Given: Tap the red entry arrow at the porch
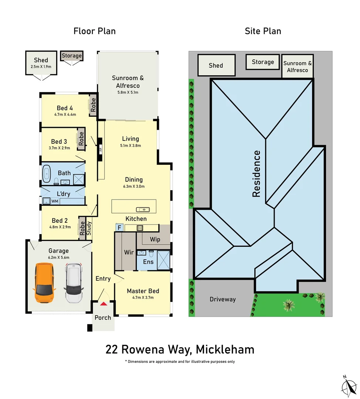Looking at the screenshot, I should (x=104, y=303).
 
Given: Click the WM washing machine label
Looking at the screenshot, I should (x=55, y=201).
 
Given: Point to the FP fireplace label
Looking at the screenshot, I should (x=100, y=150).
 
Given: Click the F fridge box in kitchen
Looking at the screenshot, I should (x=119, y=228).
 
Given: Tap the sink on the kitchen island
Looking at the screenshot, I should (x=143, y=209).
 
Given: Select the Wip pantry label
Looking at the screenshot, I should (x=155, y=239).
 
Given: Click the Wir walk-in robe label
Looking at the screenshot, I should (x=129, y=252).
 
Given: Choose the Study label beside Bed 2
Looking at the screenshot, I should (x=89, y=228).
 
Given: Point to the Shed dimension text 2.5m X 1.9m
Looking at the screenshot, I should (x=41, y=67).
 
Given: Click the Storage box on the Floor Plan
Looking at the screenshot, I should (x=72, y=56).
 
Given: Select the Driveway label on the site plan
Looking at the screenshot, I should (x=223, y=299).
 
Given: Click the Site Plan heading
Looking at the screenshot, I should (x=263, y=31).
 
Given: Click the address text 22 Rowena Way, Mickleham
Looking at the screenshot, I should (x=180, y=349).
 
